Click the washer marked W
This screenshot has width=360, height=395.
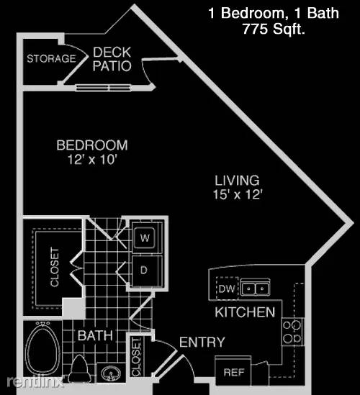coord(145,237)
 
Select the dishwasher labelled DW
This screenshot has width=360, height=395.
coord(227,289)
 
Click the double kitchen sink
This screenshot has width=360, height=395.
coord(255,287)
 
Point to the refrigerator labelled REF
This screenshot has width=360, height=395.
coord(233,371)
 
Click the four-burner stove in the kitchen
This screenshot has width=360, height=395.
coord(292,332)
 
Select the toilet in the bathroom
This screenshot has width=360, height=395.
coord(79,368)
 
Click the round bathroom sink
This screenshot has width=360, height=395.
coord(110,373)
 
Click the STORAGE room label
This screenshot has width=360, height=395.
coord(51,58)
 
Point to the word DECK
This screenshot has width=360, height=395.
coord(112,53)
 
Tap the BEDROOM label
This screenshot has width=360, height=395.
coord(92,145)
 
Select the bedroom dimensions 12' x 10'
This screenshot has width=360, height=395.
coord(92,159)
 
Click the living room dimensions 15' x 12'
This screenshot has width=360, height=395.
coord(238,194)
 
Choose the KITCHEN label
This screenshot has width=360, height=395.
coord(245,312)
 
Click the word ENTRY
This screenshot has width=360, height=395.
coord(202,342)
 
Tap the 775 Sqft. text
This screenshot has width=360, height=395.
coord(274,29)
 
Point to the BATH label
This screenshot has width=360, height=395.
coord(95,335)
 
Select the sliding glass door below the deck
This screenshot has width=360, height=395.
coord(104,88)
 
